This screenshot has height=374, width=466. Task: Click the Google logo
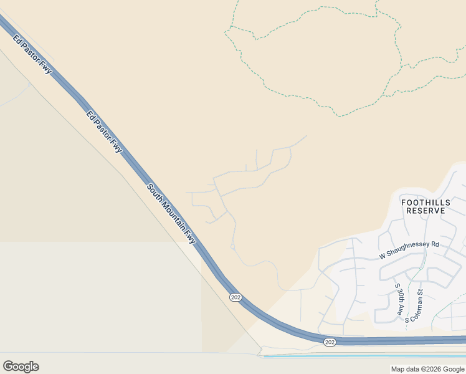(21, 367)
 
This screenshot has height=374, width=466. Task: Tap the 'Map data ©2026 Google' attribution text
(428, 369)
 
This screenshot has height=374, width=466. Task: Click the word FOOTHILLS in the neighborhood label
(426, 203)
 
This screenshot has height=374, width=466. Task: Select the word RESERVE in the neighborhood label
(426, 211)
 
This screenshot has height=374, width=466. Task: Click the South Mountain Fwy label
(171, 213)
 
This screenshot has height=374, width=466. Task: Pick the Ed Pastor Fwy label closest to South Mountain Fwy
(105, 132)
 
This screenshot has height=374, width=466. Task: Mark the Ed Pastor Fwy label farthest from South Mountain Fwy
(32, 55)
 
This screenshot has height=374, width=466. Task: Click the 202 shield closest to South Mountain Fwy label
(234, 297)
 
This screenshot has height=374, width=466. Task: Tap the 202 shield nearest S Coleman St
(330, 342)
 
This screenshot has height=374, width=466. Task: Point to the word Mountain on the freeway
(173, 215)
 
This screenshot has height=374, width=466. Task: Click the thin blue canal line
(374, 356)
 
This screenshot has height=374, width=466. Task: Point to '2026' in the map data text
(429, 369)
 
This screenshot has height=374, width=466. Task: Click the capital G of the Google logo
(8, 367)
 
